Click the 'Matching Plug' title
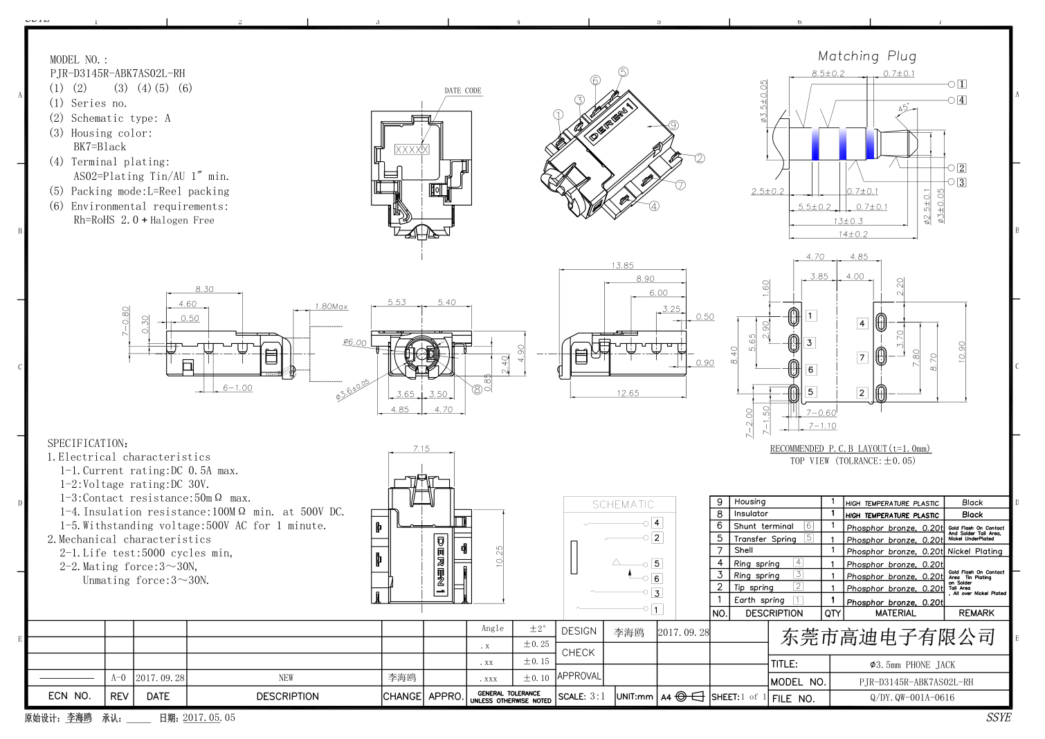tap(866, 56)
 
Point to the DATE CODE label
tap(462, 91)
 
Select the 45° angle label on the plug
tap(903, 108)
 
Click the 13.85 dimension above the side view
tap(622, 265)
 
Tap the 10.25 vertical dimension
tap(500, 556)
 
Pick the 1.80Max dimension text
tap(331, 307)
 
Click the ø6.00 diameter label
tap(354, 343)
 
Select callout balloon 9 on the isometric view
tap(673, 125)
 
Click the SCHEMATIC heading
tap(623, 504)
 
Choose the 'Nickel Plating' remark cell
tap(974, 551)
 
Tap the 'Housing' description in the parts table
tap(749, 502)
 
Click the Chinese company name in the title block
tap(888, 637)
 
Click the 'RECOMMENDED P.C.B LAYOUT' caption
tap(850, 448)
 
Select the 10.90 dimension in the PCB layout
tap(961, 351)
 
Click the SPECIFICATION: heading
tap(87, 443)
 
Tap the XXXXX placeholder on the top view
tap(412, 149)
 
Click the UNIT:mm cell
tap(635, 697)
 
